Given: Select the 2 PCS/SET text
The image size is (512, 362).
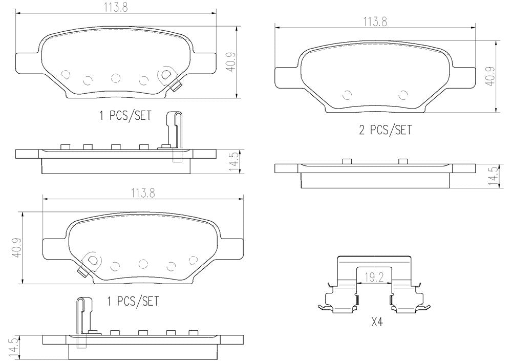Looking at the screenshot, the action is (x=386, y=130).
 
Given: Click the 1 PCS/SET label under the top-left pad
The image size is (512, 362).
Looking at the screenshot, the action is (x=125, y=116).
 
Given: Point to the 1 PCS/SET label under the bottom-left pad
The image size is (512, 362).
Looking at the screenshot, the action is (x=133, y=301).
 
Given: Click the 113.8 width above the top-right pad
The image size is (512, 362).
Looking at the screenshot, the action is (x=375, y=22).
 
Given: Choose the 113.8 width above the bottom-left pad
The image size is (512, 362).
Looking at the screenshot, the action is (x=143, y=193).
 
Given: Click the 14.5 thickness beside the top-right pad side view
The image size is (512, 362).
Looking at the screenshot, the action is (x=493, y=177).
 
